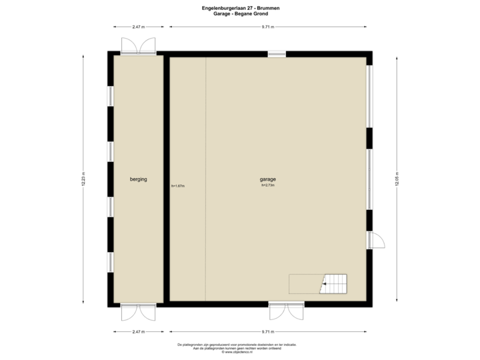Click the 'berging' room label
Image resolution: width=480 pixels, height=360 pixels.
coord(138,179)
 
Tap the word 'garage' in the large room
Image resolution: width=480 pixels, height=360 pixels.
coord(268,179)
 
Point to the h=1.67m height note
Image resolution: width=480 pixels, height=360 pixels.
coord(178,186)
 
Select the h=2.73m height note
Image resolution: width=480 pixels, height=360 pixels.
coord(268,185)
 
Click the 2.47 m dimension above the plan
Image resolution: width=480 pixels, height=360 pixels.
coord(138,27)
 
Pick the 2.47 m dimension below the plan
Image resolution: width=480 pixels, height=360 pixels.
coord(138,331)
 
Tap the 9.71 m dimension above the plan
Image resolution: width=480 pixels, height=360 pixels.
coord(268,27)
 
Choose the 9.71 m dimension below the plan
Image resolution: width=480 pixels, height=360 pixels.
coord(268,331)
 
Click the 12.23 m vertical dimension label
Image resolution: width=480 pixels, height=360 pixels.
coord(83,180)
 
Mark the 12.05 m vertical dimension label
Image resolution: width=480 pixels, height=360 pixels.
coord(397,180)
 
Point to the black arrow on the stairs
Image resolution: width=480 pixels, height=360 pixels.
coord(323,285)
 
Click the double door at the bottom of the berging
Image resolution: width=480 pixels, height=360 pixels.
coord(138,311)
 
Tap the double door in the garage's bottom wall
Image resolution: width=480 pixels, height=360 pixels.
coord(286,311)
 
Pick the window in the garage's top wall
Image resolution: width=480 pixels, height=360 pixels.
coord(277,53)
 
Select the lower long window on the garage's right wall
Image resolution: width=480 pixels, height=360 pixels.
coord(370,179)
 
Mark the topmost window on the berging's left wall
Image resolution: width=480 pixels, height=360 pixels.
coord(110,96)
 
